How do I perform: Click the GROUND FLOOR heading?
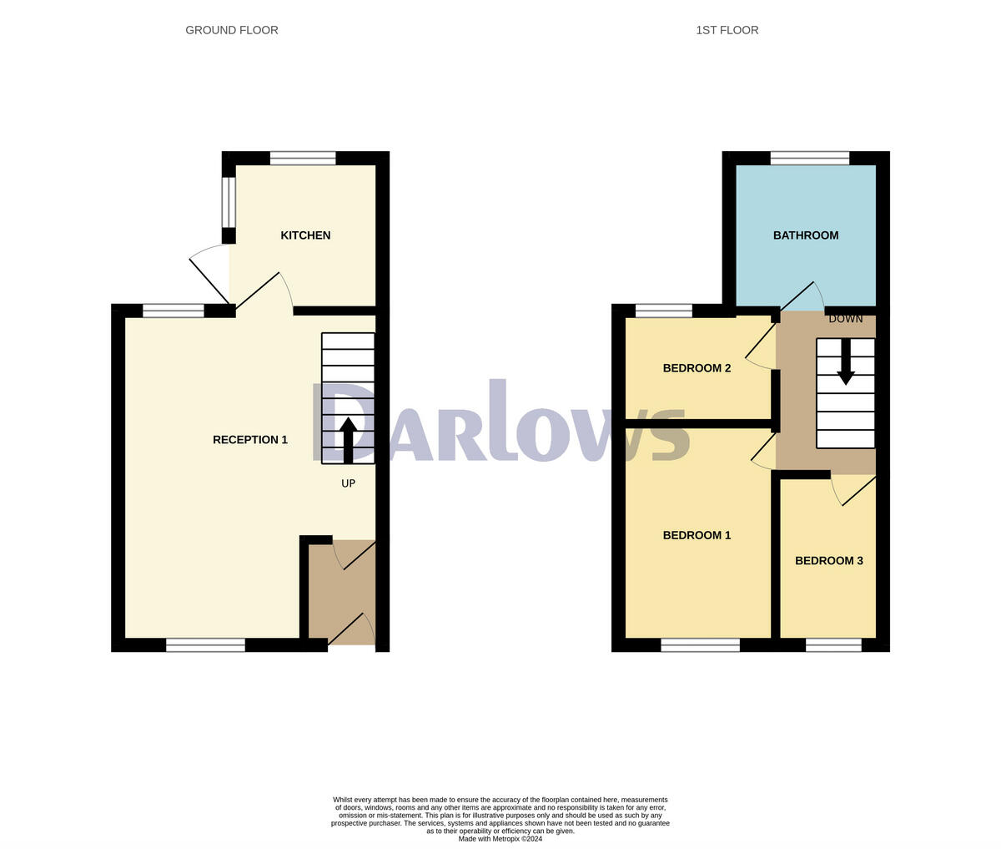tap(232, 30)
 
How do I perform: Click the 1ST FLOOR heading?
tap(727, 30)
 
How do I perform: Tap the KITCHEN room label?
tap(305, 235)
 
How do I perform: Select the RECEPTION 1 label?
tap(250, 440)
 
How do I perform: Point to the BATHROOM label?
tap(805, 235)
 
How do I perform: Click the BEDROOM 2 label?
tap(697, 368)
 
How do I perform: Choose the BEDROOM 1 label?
tap(697, 535)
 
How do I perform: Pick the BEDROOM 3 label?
tap(828, 561)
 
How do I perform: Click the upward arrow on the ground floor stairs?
tap(348, 438)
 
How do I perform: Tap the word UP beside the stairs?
tap(348, 483)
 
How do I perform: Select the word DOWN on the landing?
tap(845, 319)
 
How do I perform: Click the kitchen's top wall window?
tap(303, 158)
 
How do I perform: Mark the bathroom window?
tap(809, 158)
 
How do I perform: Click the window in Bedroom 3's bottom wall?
tap(833, 644)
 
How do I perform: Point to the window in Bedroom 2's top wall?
tap(663, 311)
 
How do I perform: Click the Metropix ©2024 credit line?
tap(500, 839)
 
